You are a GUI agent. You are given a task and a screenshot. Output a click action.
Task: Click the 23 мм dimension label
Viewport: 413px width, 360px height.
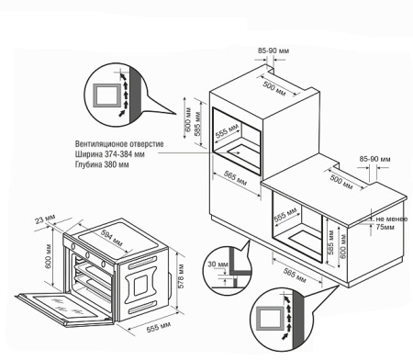point(45,219)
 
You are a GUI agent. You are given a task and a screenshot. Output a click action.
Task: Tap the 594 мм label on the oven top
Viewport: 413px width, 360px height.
point(111,238)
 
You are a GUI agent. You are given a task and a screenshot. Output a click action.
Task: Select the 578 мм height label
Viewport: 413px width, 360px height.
point(181,276)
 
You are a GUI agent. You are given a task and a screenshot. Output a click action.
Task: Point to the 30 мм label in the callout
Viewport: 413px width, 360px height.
point(218,264)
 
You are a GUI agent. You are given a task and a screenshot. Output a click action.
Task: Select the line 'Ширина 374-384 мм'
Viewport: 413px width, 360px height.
point(110,154)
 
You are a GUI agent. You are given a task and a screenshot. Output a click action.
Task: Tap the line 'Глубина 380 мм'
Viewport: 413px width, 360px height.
point(102,164)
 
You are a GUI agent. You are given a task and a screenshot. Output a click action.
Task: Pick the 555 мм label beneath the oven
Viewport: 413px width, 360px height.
point(159,327)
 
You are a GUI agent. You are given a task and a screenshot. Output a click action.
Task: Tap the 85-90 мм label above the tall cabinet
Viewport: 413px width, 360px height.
point(273,51)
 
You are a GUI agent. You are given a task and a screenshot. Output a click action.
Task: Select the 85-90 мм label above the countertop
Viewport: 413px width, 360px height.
point(374,159)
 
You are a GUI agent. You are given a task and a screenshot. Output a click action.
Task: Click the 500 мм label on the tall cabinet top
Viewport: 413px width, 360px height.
point(274,89)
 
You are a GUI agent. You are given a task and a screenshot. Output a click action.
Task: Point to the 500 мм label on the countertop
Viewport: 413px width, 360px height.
point(341,182)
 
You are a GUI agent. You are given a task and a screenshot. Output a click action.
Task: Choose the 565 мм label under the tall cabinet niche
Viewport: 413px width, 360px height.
point(235,178)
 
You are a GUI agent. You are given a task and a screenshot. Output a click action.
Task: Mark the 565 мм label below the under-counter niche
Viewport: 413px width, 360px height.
point(295,276)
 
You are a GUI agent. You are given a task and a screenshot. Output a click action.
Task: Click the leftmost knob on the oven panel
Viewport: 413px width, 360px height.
point(73,246)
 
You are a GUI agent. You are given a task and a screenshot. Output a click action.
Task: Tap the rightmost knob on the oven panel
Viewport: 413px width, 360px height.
point(103,264)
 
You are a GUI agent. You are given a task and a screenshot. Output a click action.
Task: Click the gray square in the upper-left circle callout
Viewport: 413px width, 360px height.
point(106,96)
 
